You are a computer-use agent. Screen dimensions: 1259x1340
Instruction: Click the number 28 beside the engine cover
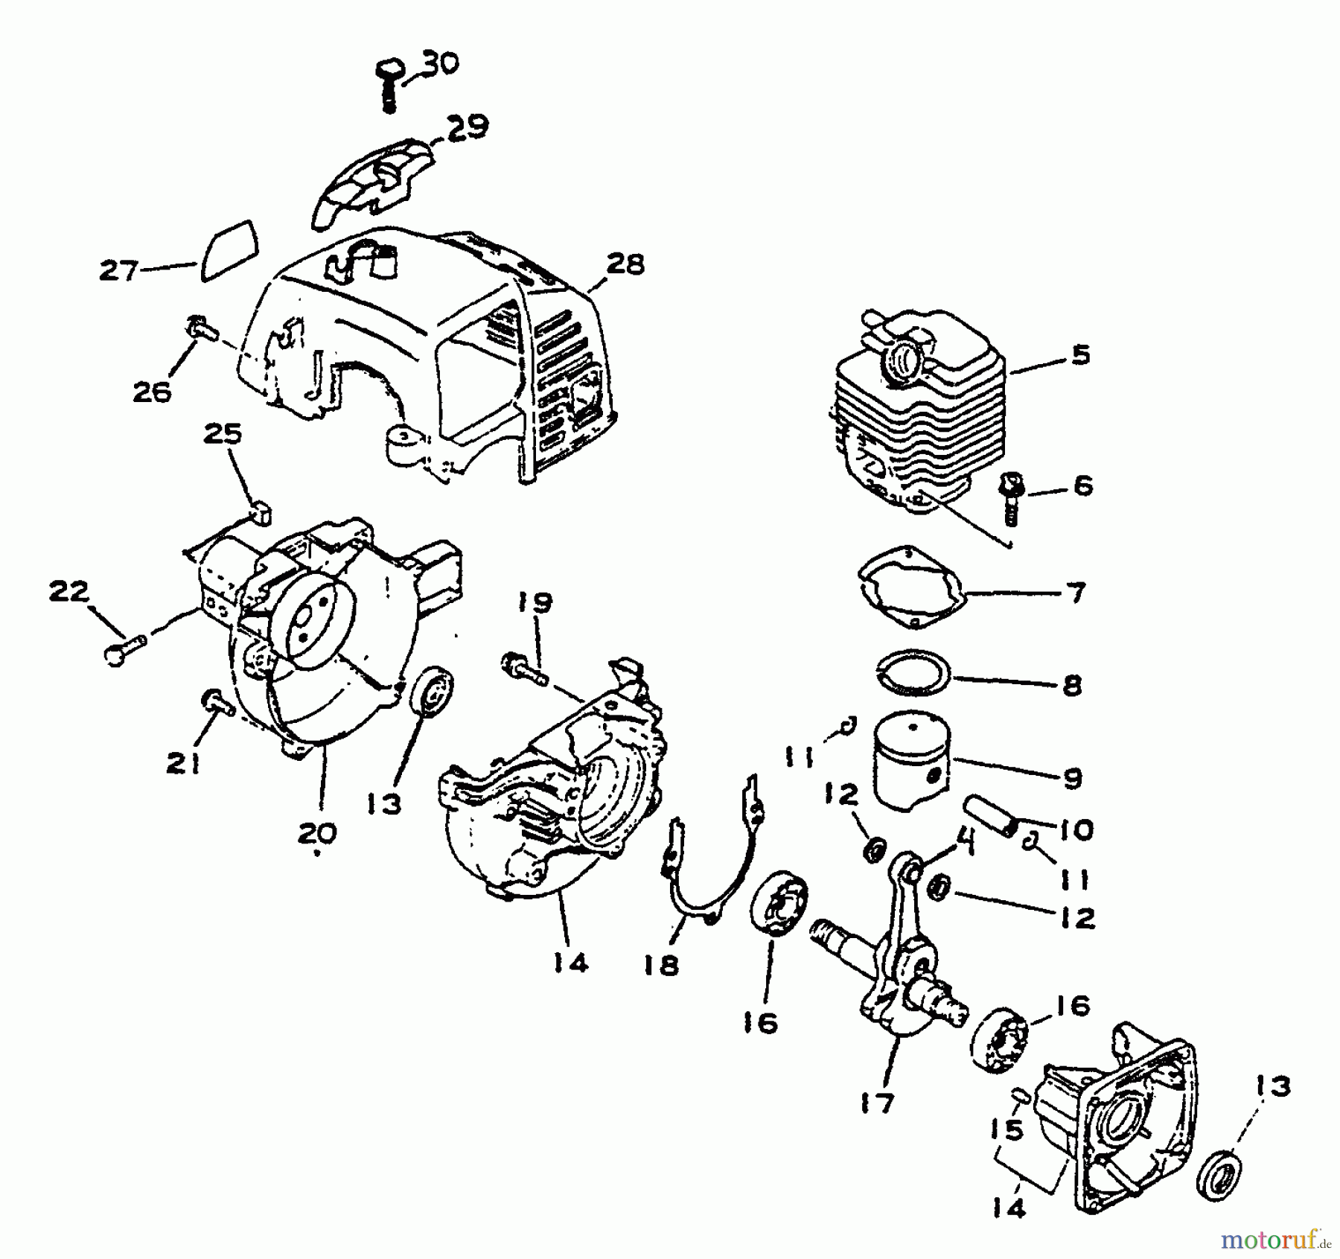click(x=625, y=264)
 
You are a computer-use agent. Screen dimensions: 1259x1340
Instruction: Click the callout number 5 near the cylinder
click(x=1081, y=356)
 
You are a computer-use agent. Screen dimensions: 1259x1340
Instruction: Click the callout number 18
click(x=662, y=966)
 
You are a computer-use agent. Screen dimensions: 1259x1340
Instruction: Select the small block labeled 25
click(x=261, y=512)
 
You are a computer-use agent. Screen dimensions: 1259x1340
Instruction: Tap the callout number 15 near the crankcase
click(x=1007, y=1130)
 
